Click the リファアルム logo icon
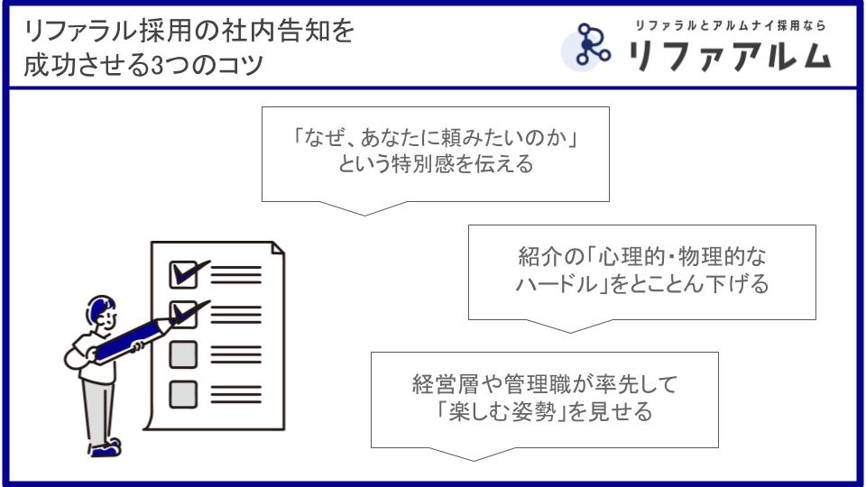point(587,45)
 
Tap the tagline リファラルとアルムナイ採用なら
point(730,25)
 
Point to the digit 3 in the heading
point(156,66)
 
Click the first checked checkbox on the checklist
point(183,274)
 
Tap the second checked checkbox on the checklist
point(183,315)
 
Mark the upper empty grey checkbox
point(183,354)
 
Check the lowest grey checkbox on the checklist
point(183,394)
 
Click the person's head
point(102,313)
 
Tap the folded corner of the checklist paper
point(278,248)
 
